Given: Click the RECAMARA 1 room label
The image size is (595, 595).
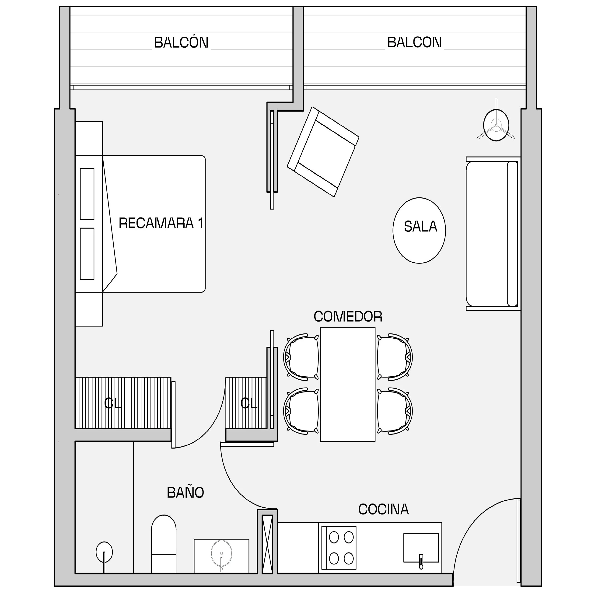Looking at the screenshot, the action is click(x=161, y=223).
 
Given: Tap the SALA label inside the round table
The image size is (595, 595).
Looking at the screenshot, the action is click(x=420, y=227).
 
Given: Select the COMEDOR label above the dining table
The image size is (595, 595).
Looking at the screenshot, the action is click(x=348, y=317).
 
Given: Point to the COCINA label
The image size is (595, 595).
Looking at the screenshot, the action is click(x=383, y=509).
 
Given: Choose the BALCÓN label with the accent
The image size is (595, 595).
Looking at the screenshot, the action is click(x=181, y=42).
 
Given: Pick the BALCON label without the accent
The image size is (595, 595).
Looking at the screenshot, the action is click(x=414, y=42).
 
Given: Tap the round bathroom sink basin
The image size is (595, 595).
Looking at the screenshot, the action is click(x=221, y=554).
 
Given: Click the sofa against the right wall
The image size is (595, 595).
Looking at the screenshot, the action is click(x=493, y=233).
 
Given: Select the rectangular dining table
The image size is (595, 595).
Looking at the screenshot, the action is click(x=348, y=384).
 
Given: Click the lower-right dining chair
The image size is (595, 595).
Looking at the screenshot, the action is click(x=395, y=411).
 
